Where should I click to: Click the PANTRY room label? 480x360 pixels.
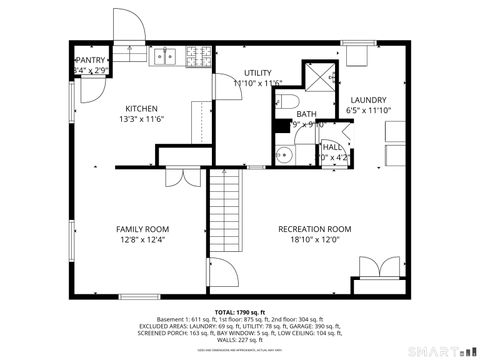click(x=91, y=60)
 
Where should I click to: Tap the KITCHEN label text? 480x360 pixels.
click(x=141, y=108)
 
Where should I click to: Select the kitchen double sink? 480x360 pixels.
click(x=164, y=58)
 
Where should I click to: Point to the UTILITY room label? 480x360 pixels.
click(x=258, y=73)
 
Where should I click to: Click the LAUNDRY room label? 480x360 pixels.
click(x=367, y=99)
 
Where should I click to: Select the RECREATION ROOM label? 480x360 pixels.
click(x=314, y=229)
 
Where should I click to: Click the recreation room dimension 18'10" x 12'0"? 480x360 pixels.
click(x=314, y=240)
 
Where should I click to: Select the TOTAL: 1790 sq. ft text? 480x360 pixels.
click(x=241, y=312)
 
